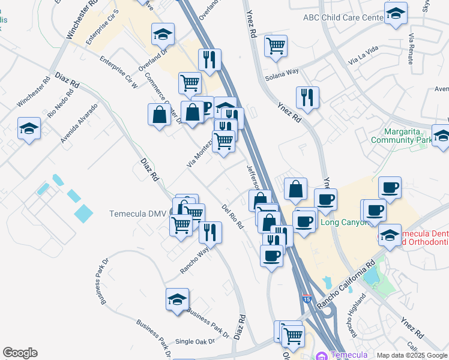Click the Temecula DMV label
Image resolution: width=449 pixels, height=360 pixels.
pos(138,214)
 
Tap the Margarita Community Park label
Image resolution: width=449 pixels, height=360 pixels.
pos(410,136)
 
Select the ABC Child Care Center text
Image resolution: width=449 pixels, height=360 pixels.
pos(343,19)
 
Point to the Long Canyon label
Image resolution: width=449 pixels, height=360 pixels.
pos(342,222)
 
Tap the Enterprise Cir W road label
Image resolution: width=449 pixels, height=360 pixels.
pos(118,72)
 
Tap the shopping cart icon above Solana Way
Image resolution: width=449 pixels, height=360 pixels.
pos(276,46)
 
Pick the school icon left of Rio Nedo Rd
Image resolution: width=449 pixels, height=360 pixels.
pos(29,129)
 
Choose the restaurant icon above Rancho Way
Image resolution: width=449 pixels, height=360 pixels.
pos(210,231)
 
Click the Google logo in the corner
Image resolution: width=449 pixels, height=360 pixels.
pos(20,353)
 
